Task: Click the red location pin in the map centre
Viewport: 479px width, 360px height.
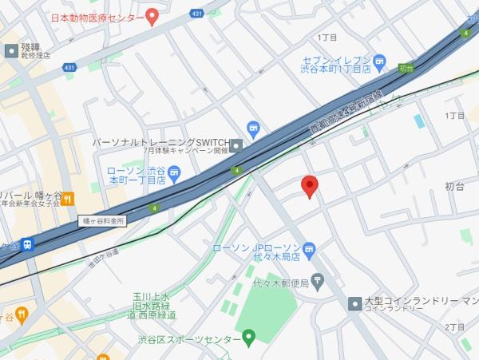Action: pos(311,186)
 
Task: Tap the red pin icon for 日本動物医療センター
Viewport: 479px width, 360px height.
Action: pos(152,17)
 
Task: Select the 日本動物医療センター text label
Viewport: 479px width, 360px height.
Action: pos(97,17)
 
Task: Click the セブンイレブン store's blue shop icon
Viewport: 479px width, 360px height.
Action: pos(380,61)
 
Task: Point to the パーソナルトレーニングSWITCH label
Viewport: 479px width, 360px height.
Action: pos(160,141)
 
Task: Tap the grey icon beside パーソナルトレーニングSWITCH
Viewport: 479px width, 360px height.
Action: pos(236,144)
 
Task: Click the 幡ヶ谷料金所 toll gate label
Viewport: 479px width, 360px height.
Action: pos(104,220)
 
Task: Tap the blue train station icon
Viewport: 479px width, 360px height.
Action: pos(29,243)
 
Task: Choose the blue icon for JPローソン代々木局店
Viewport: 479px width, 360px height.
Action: pos(311,247)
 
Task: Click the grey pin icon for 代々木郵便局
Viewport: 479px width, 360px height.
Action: pos(318,281)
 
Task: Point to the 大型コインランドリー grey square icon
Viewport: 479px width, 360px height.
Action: pos(354,303)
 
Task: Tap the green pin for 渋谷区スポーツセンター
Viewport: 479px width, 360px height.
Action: pos(248,338)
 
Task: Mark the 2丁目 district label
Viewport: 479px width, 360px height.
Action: pos(455,327)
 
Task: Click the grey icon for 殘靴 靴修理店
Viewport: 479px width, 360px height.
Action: pos(11,50)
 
